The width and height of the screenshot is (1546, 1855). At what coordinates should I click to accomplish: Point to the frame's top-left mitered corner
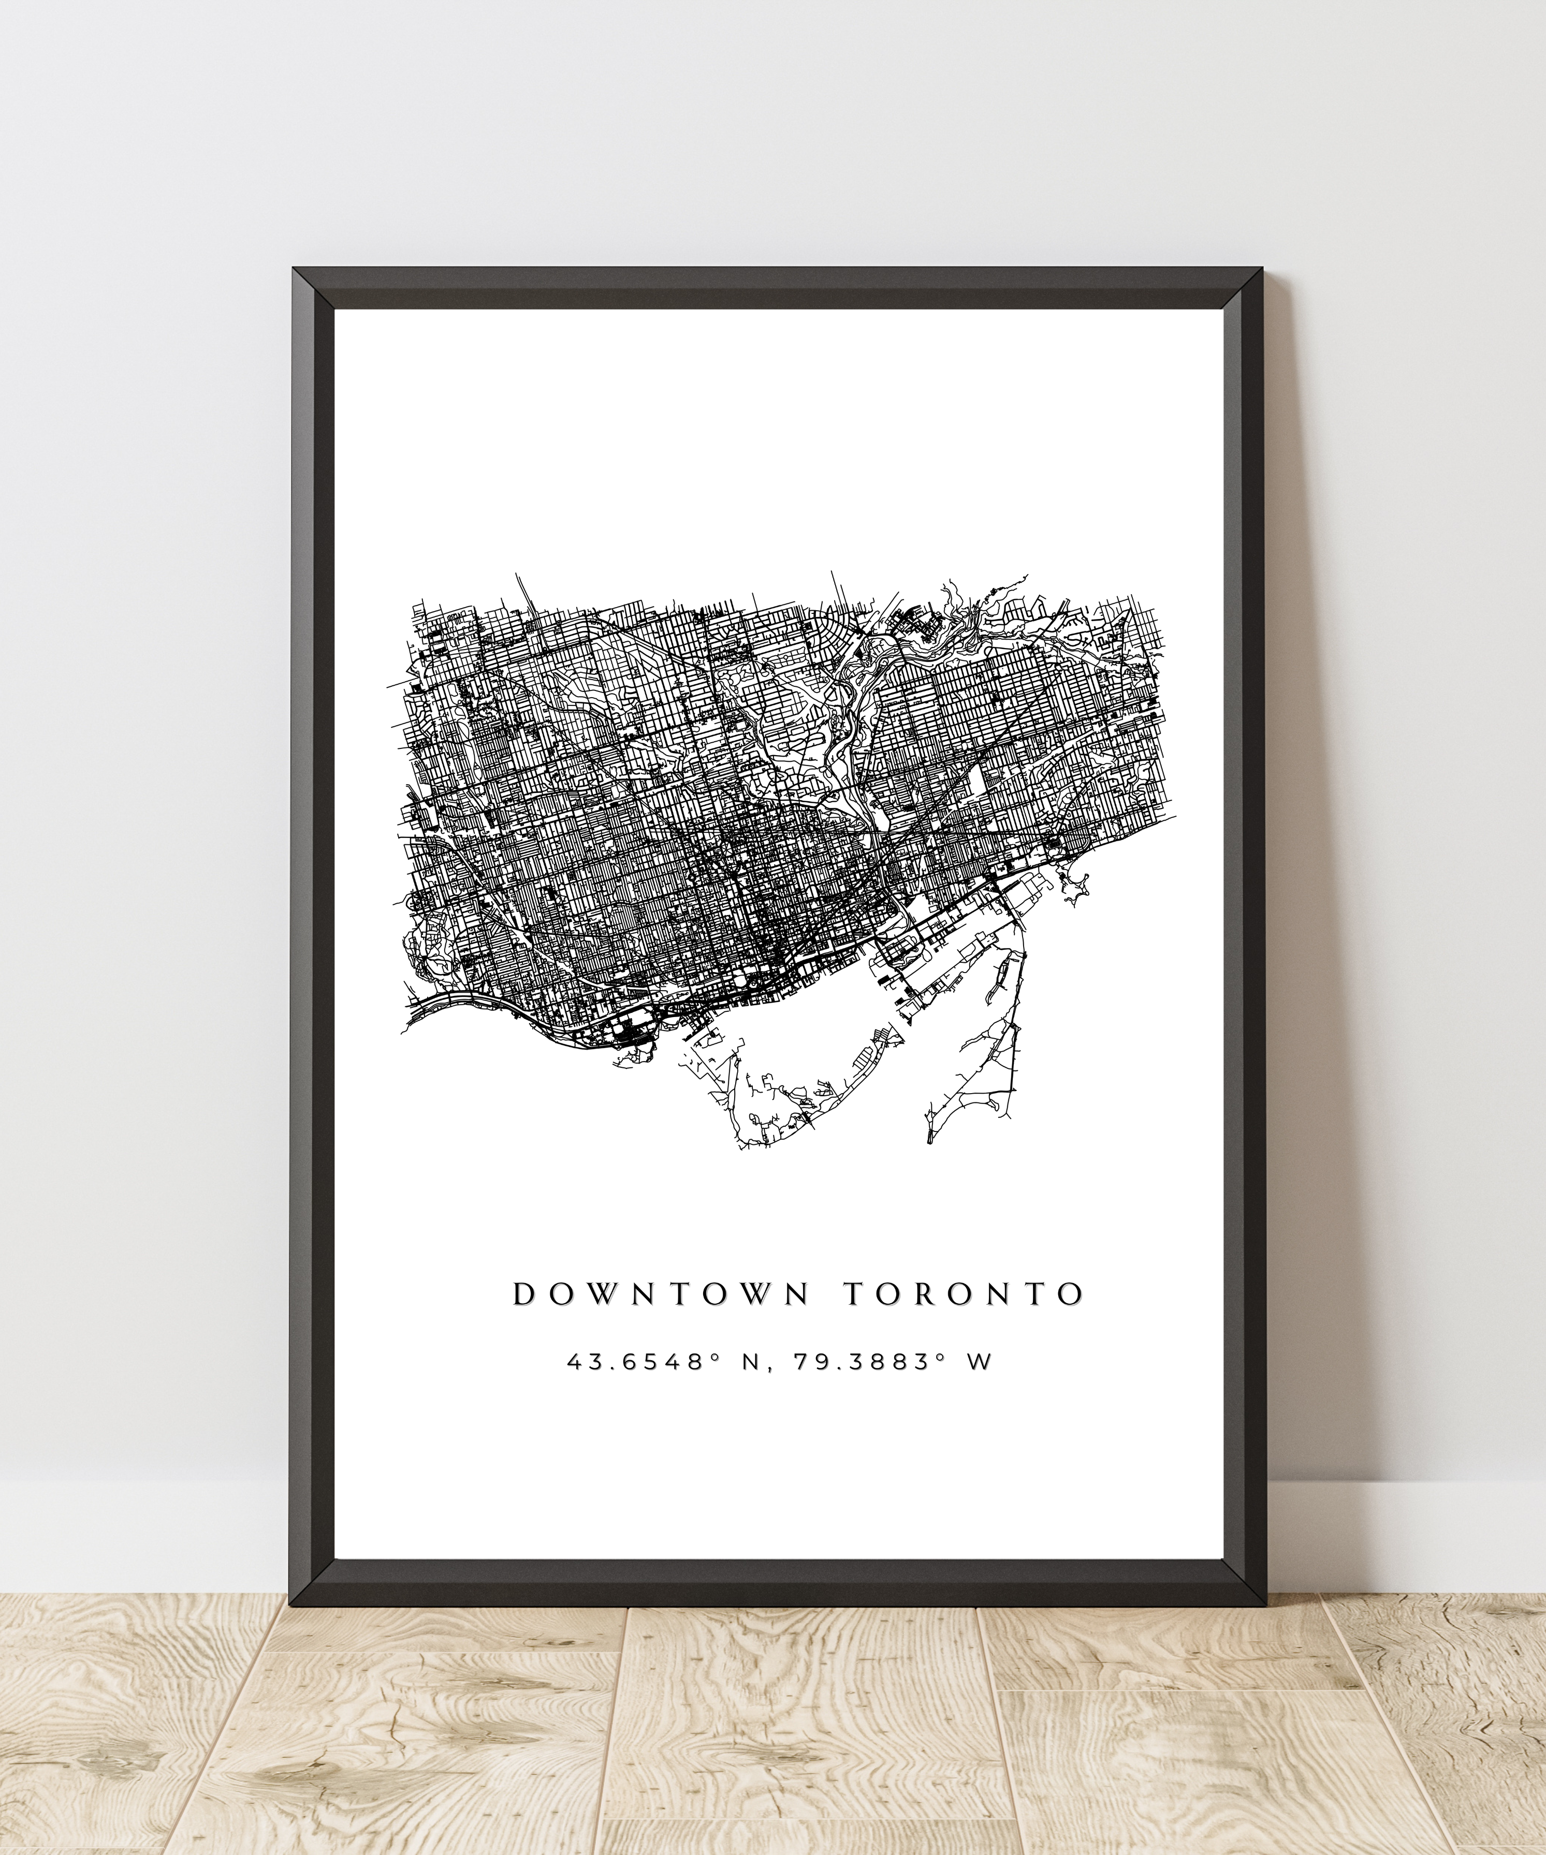point(314,288)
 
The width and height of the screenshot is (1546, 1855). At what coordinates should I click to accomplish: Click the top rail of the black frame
point(778,288)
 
